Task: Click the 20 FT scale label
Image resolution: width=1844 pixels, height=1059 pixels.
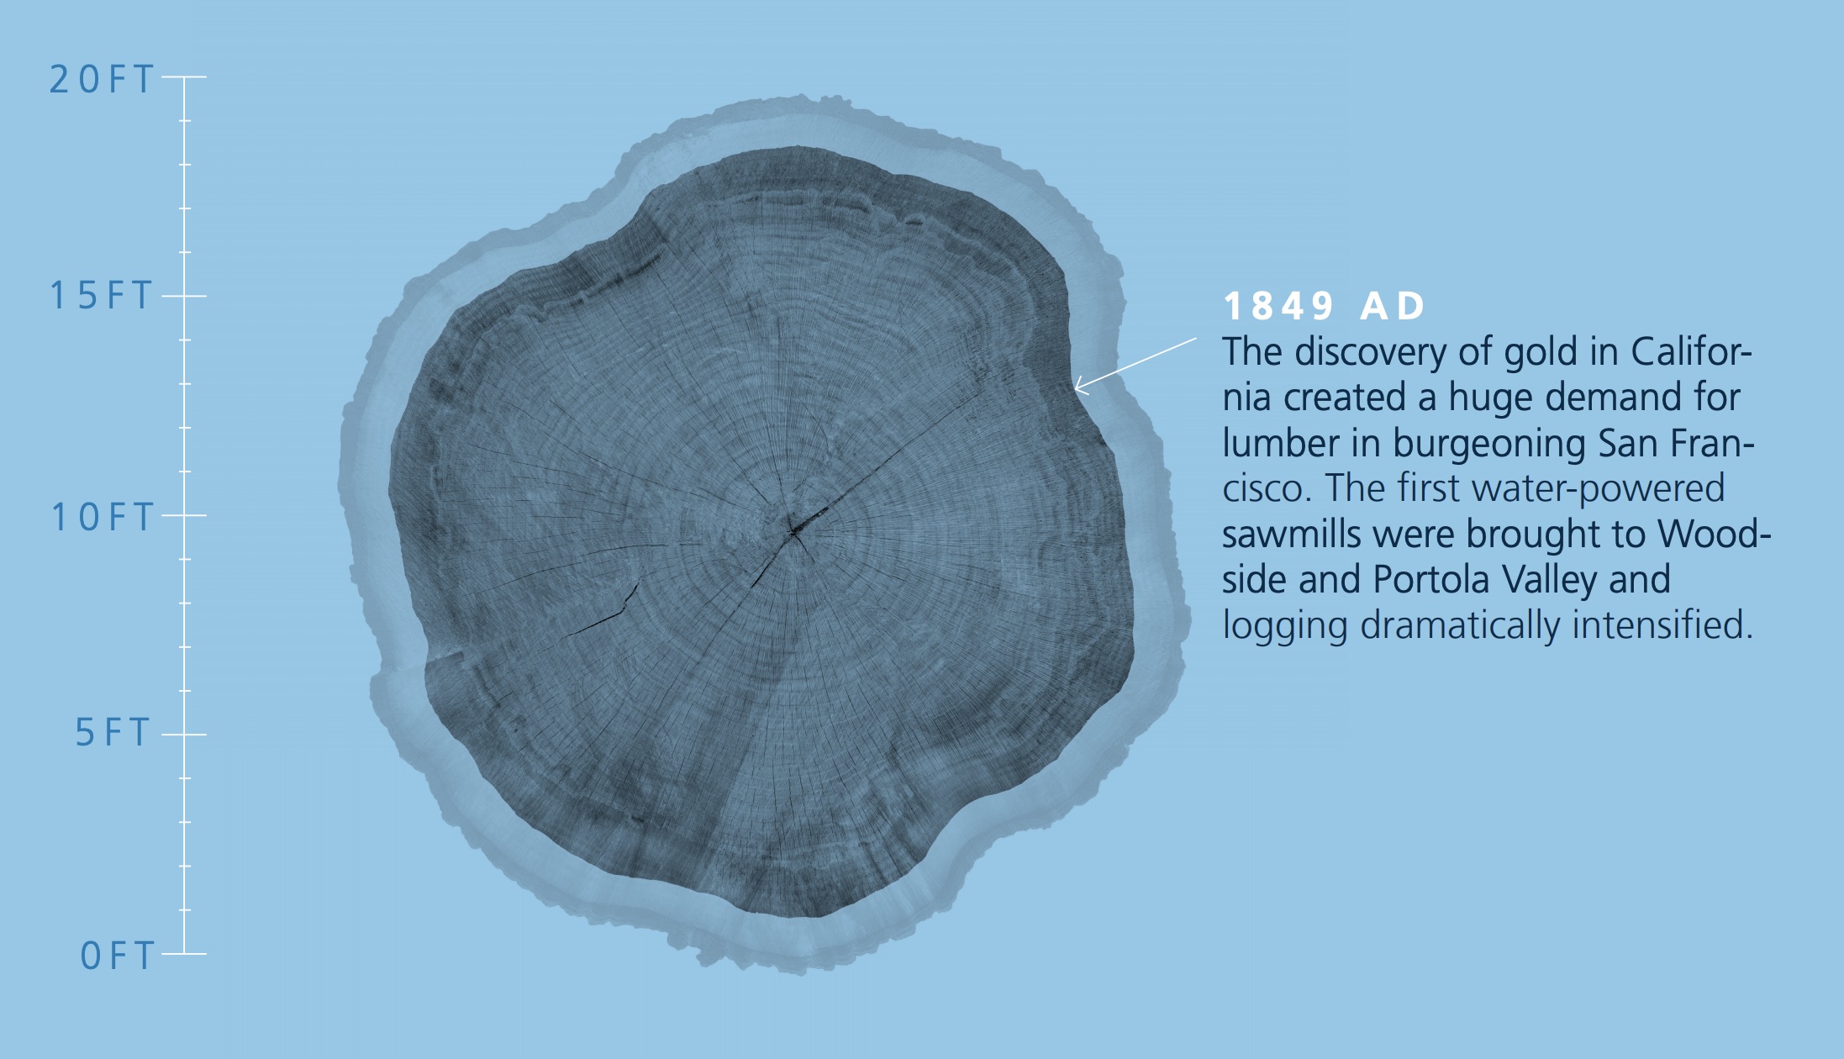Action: tap(102, 80)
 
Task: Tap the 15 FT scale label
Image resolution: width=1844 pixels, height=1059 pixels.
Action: tap(102, 296)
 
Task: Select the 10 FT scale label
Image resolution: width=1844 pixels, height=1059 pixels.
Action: tap(103, 517)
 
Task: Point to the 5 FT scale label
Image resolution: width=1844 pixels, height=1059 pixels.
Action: tap(113, 733)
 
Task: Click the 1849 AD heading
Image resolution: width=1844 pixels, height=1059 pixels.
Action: tap(1325, 306)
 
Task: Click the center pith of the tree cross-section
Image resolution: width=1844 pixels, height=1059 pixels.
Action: tap(793, 530)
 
